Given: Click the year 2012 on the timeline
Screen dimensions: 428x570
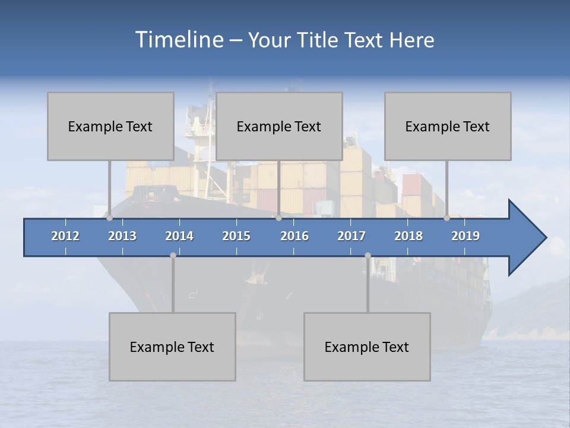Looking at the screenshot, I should coord(65,236).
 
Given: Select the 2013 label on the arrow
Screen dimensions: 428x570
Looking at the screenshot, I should coord(122,236).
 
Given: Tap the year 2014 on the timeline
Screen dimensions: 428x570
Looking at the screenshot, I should coord(179,236).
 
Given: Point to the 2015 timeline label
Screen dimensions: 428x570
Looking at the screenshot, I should coord(236,236).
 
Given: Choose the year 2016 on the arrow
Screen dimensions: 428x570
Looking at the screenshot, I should coord(294,236).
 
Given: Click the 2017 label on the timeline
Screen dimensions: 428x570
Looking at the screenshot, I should coord(351,236).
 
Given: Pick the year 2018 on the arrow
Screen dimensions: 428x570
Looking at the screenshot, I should coord(408,236).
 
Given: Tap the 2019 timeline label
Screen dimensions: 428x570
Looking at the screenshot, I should coord(465,236).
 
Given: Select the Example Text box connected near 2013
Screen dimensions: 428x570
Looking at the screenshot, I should coord(110,126).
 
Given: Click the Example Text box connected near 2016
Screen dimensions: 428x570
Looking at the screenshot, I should coord(279,126).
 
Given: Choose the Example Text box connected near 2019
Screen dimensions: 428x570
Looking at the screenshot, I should coord(448,126).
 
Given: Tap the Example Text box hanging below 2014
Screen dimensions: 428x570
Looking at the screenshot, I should coord(172,347).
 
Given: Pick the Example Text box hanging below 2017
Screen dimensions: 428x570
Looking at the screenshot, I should coord(367,347).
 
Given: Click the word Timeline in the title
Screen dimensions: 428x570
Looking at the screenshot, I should coord(179,40).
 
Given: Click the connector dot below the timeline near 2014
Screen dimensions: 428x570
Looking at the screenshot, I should coord(173,255).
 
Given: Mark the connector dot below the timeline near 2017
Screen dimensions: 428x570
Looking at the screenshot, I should coord(368,255).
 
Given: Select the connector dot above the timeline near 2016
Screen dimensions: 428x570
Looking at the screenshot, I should coord(278,218).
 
